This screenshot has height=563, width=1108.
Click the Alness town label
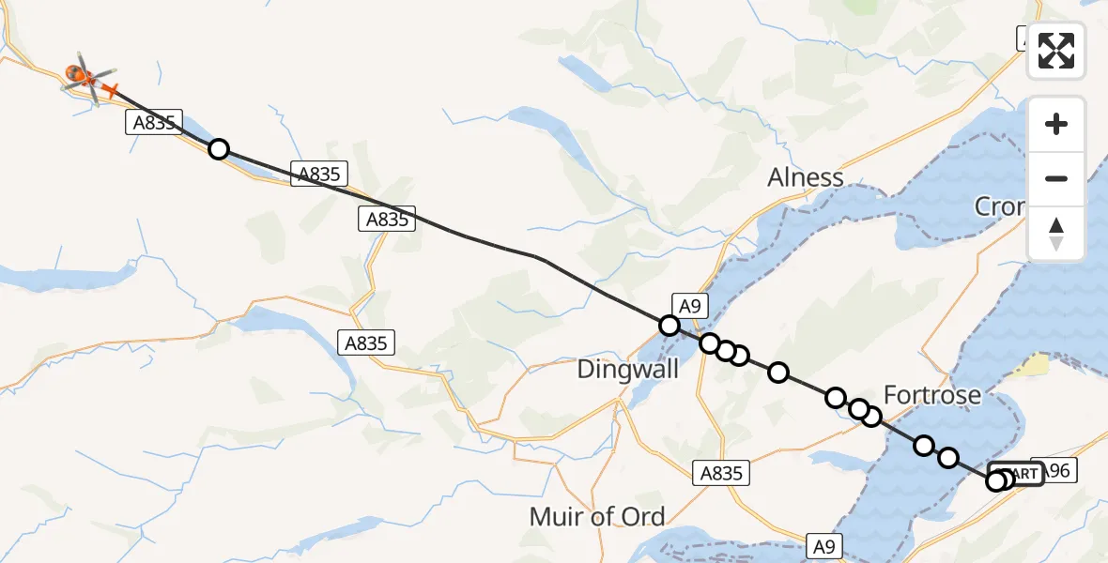pyautogui.click(x=805, y=177)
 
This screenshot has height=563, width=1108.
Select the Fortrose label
pyautogui.click(x=932, y=394)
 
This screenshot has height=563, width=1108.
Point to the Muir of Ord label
pyautogui.click(x=597, y=516)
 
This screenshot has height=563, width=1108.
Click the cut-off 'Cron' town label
pyautogui.click(x=999, y=206)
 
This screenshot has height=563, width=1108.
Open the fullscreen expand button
pyautogui.click(x=1056, y=51)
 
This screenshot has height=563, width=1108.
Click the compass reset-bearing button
pyautogui.click(x=1056, y=234)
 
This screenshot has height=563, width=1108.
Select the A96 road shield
pyautogui.click(x=1053, y=471)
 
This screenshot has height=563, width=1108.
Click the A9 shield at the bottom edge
pyautogui.click(x=823, y=545)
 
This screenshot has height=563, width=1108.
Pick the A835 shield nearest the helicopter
pyautogui.click(x=153, y=123)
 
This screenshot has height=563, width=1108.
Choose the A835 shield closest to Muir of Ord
pyautogui.click(x=721, y=474)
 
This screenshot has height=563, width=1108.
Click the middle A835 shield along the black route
pyautogui.click(x=320, y=173)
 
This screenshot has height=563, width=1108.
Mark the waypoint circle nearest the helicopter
pyautogui.click(x=218, y=149)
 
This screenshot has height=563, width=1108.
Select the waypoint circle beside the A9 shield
pyautogui.click(x=669, y=326)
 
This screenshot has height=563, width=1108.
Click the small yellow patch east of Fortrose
pyautogui.click(x=1035, y=364)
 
